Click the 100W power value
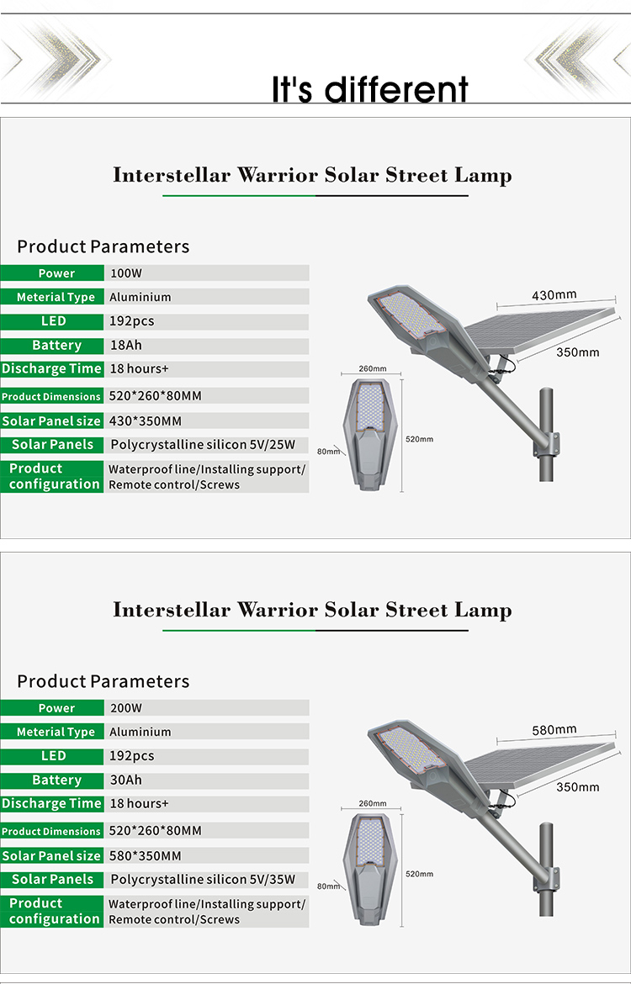click(126, 273)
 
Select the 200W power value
click(126, 708)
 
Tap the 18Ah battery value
click(125, 345)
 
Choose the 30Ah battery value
click(125, 780)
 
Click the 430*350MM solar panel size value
click(145, 421)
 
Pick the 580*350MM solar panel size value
click(145, 856)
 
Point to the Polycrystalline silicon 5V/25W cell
click(203, 445)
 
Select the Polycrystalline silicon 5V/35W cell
click(203, 880)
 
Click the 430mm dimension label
click(554, 295)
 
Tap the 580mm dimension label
click(554, 730)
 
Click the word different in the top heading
click(396, 89)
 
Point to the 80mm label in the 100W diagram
click(328, 451)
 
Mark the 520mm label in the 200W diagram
click(420, 874)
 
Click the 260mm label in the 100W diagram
click(373, 368)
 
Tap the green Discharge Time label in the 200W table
click(51, 803)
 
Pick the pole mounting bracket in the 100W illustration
click(547, 444)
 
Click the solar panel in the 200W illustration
click(540, 764)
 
